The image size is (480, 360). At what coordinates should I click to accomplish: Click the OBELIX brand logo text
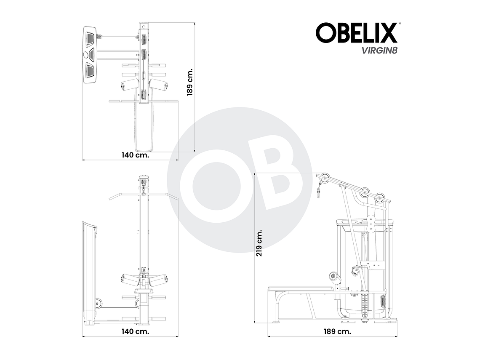356,33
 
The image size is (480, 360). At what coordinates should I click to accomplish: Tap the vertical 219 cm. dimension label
259,243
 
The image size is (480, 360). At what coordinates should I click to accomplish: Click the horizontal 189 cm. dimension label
337,331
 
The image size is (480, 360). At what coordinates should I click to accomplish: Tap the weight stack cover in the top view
91,54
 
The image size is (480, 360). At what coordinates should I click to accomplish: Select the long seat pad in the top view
143,126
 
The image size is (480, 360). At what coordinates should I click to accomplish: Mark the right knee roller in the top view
159,84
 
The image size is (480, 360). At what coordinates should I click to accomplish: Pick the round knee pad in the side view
335,277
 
